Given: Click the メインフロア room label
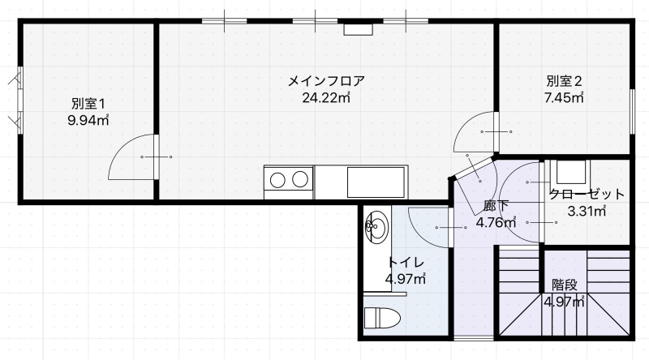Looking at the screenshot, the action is tap(326, 80).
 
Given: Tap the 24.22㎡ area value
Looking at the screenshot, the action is tap(326, 97).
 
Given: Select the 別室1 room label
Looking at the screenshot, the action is tap(88, 103).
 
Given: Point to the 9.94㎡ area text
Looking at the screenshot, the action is tap(88, 121).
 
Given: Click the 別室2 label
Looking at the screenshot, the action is tap(564, 81).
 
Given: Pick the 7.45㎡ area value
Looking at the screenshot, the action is tap(564, 97).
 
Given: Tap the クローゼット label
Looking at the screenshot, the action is tap(586, 194).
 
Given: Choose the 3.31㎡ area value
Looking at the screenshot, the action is tap(587, 212).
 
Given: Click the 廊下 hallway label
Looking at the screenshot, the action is tap(496, 206).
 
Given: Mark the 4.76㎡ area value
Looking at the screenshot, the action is tap(496, 223).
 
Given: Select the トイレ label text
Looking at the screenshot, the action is tap(406, 263).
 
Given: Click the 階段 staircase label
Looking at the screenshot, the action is tap(564, 285).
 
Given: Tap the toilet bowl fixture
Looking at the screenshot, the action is tap(382, 318).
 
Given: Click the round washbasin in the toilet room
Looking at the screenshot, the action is tap(377, 227).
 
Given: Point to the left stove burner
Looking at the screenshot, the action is tap(277, 179).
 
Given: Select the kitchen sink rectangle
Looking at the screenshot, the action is tap(376, 182).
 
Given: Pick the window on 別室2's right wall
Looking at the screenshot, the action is tap(633, 111).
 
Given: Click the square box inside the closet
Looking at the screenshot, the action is tap(571, 172).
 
